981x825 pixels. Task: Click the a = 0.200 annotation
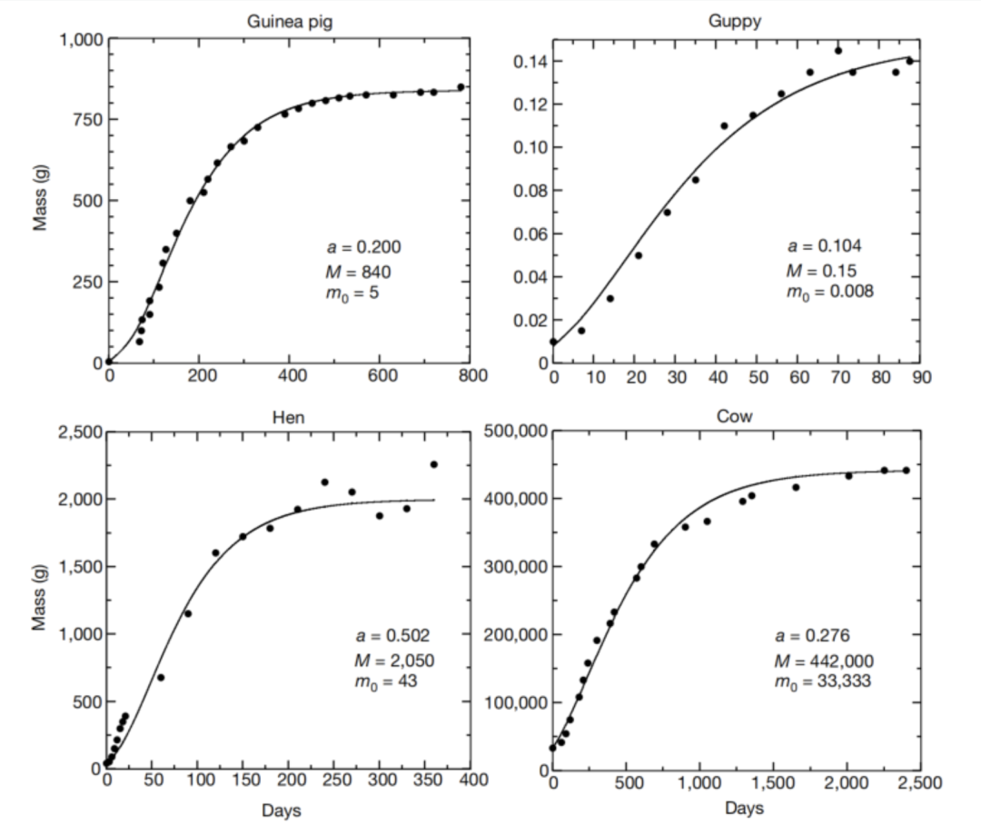[x=363, y=247]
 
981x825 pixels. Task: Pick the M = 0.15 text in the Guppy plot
[x=821, y=270]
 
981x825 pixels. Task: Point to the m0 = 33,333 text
[x=823, y=682]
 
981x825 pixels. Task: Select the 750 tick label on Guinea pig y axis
[x=79, y=120]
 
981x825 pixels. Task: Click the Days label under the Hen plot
[x=282, y=810]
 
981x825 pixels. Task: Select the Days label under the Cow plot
[x=744, y=809]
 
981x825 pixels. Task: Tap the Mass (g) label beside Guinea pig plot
[x=40, y=201]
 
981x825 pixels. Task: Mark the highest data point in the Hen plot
[x=433, y=464]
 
